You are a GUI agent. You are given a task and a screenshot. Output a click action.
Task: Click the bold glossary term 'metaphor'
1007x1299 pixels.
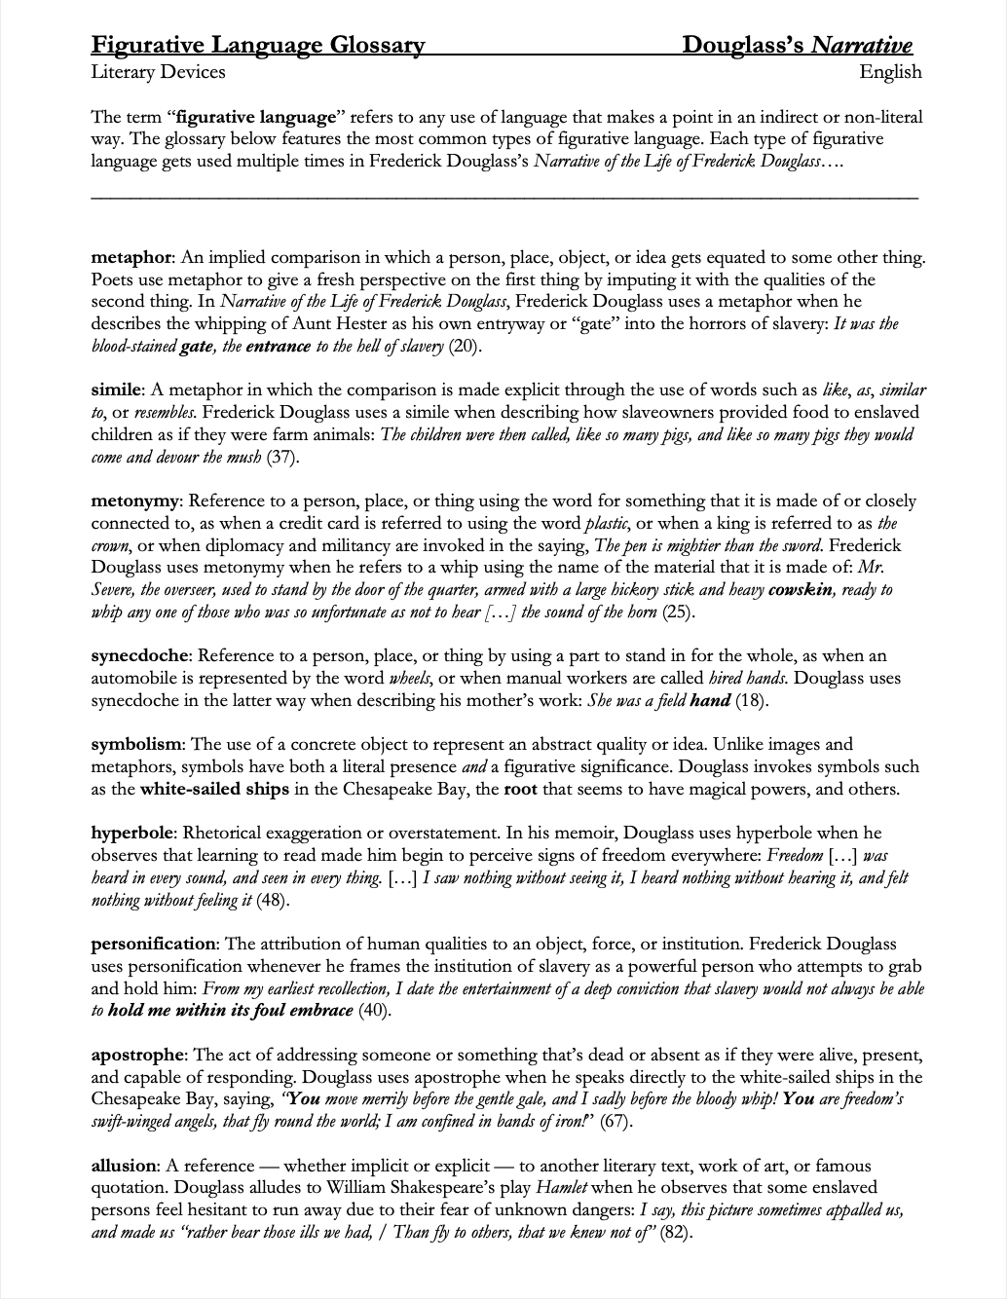[131, 258]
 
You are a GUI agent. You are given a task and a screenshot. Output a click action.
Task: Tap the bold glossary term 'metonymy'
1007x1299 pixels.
[134, 501]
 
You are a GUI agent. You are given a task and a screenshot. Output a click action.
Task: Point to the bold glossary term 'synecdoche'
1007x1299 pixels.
[138, 656]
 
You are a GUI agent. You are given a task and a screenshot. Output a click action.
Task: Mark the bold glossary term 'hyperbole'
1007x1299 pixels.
[132, 834]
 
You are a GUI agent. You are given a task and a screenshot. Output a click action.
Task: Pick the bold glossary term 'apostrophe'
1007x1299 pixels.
[137, 1055]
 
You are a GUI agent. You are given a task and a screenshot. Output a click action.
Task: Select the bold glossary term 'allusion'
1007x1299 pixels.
[124, 1166]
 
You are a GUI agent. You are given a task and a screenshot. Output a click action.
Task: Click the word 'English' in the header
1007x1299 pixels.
[890, 72]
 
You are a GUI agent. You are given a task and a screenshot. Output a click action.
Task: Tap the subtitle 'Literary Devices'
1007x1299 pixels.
[158, 72]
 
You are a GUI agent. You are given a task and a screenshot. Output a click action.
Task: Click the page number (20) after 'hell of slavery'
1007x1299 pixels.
[465, 347]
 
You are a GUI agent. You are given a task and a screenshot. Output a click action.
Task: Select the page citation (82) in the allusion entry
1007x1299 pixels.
[676, 1233]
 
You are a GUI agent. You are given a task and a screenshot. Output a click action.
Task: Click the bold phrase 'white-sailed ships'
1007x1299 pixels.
[214, 790]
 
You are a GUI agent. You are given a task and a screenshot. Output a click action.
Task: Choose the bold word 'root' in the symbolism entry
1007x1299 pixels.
[521, 790]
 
